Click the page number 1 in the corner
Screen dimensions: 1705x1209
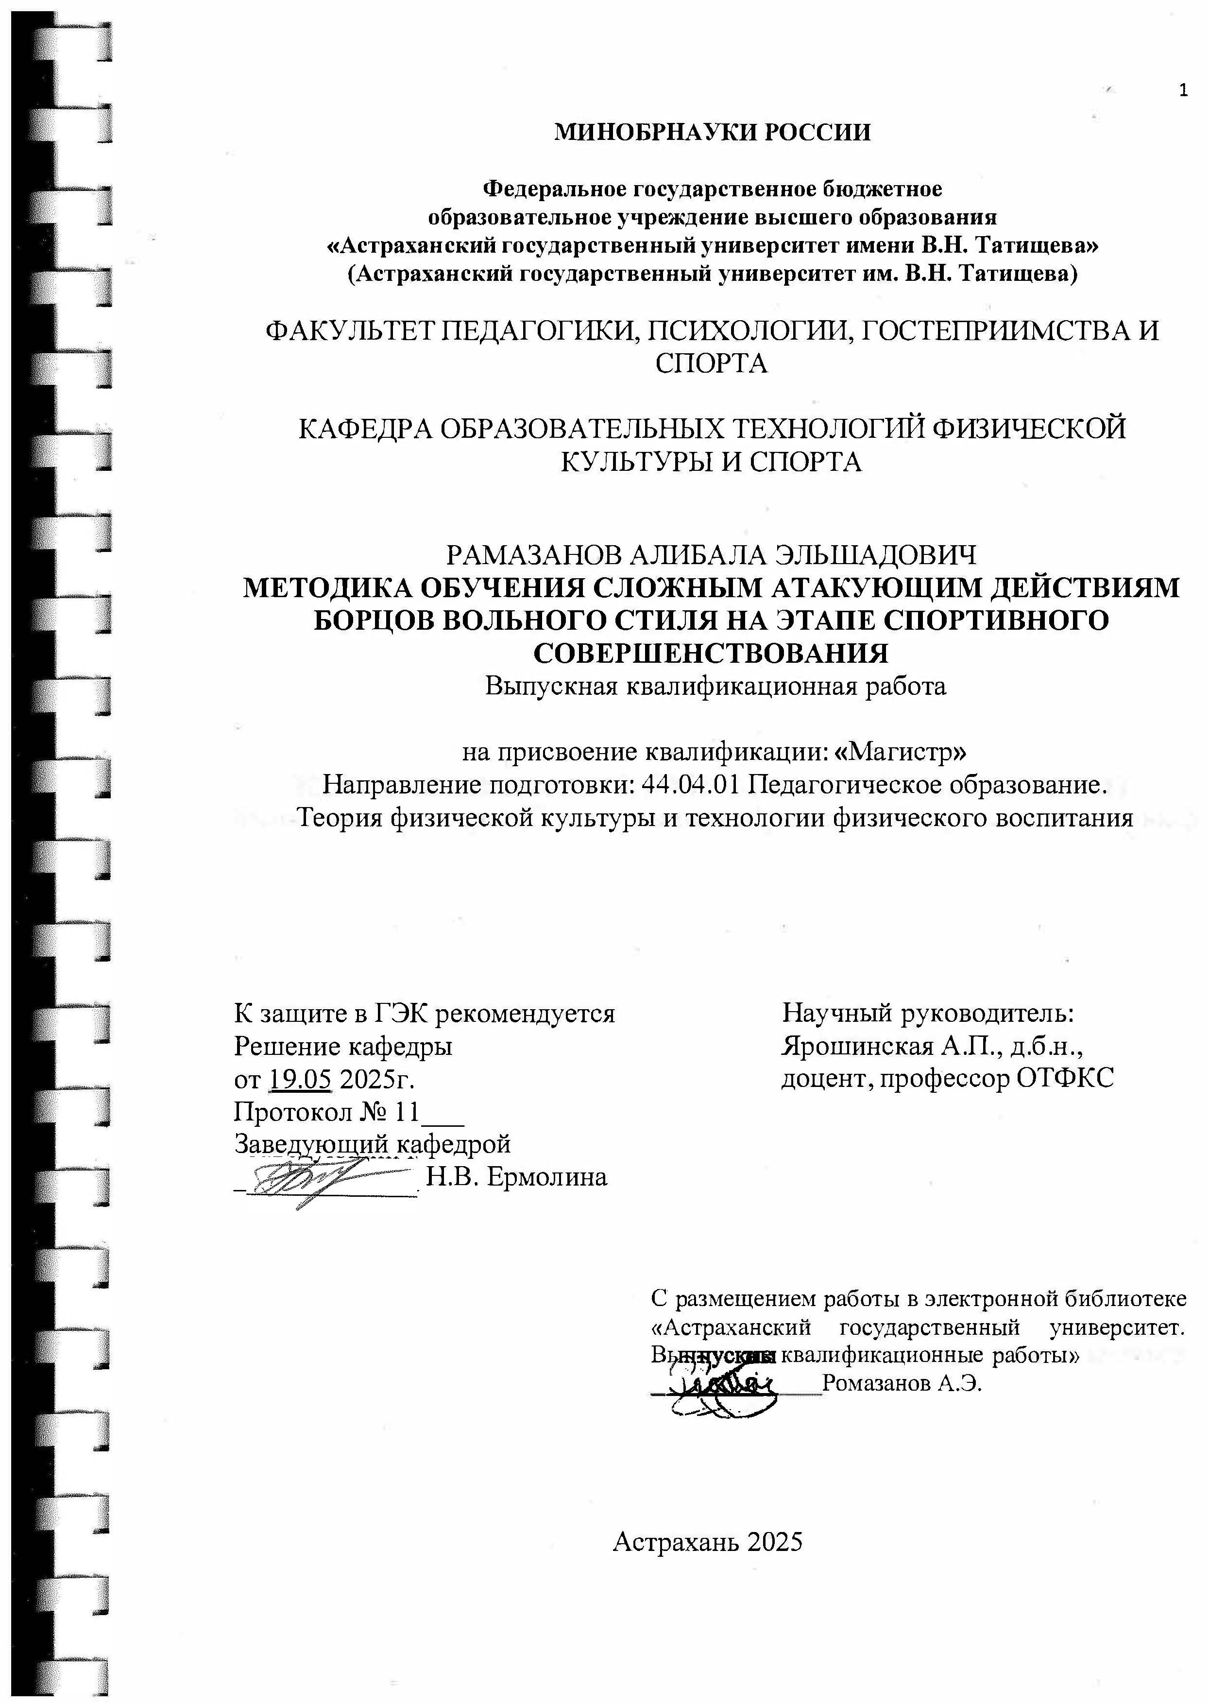pyautogui.click(x=1183, y=91)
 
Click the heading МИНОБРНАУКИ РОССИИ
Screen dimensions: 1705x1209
pyautogui.click(x=713, y=133)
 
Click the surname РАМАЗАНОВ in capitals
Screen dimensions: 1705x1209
pyautogui.click(x=532, y=555)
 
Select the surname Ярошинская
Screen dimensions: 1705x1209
pyautogui.click(x=856, y=1046)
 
